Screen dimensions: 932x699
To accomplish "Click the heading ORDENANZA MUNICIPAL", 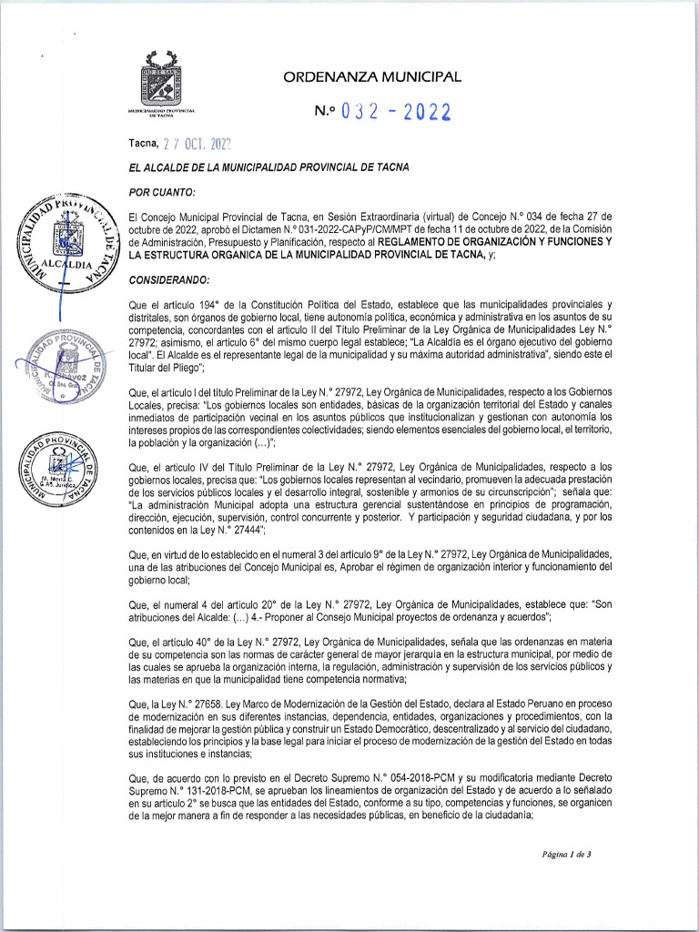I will (372, 77).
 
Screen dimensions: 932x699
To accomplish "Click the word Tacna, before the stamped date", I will (144, 143).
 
